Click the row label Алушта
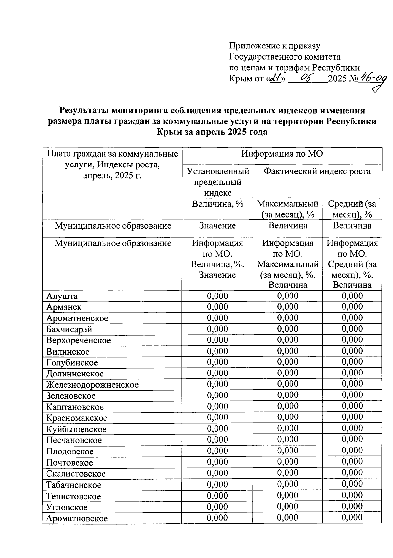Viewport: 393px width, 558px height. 62,296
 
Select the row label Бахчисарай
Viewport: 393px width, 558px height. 69,329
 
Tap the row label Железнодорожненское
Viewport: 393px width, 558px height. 92,385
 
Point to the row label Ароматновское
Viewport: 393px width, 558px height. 77,518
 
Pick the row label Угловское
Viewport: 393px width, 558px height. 67,507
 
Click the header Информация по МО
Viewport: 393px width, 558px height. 282,154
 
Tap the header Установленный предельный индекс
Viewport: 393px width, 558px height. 217,182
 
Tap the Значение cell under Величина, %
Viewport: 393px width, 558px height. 217,226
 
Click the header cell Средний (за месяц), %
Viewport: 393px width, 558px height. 352,209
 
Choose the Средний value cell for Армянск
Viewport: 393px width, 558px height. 352,307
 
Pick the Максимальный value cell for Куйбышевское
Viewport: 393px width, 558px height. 288,428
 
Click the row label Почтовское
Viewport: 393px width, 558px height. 69,463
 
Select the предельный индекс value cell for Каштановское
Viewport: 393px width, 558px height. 217,406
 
